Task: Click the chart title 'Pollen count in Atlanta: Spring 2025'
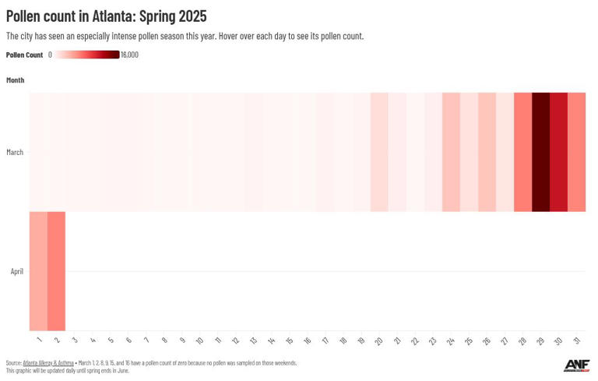point(107,16)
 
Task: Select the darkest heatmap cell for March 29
point(540,152)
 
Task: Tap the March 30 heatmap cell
point(558,152)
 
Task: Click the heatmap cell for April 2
point(56,271)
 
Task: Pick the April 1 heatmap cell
point(38,271)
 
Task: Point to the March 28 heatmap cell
point(522,152)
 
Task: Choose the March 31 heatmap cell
point(576,152)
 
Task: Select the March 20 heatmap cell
point(379,152)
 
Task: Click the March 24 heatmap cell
point(451,152)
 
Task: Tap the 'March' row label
point(15,153)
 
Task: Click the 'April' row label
point(16,272)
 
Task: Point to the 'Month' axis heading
point(15,80)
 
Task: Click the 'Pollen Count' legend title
point(24,55)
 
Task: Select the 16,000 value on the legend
point(129,55)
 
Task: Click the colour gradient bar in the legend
point(86,55)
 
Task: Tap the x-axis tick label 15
point(289,340)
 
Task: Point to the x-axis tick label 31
point(575,340)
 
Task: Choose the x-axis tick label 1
point(39,340)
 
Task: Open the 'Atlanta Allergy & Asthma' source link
point(48,363)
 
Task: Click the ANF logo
point(576,365)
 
